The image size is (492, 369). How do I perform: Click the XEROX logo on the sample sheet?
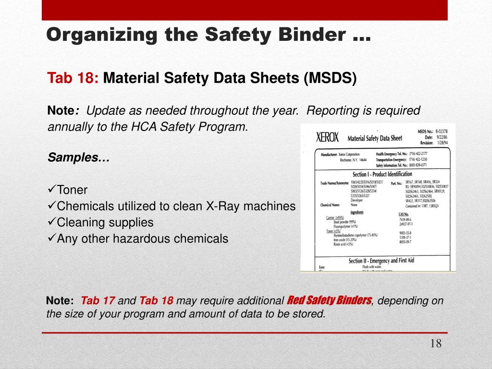pyautogui.click(x=327, y=137)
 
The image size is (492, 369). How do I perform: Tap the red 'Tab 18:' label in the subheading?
pyautogui.click(x=73, y=78)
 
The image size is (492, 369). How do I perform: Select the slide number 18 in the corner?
pyautogui.click(x=436, y=344)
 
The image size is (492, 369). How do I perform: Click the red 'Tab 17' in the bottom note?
pyautogui.click(x=98, y=301)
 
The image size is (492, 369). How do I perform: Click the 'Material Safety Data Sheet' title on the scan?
pyautogui.click(x=374, y=138)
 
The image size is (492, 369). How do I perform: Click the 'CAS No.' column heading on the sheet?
pyautogui.click(x=404, y=214)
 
